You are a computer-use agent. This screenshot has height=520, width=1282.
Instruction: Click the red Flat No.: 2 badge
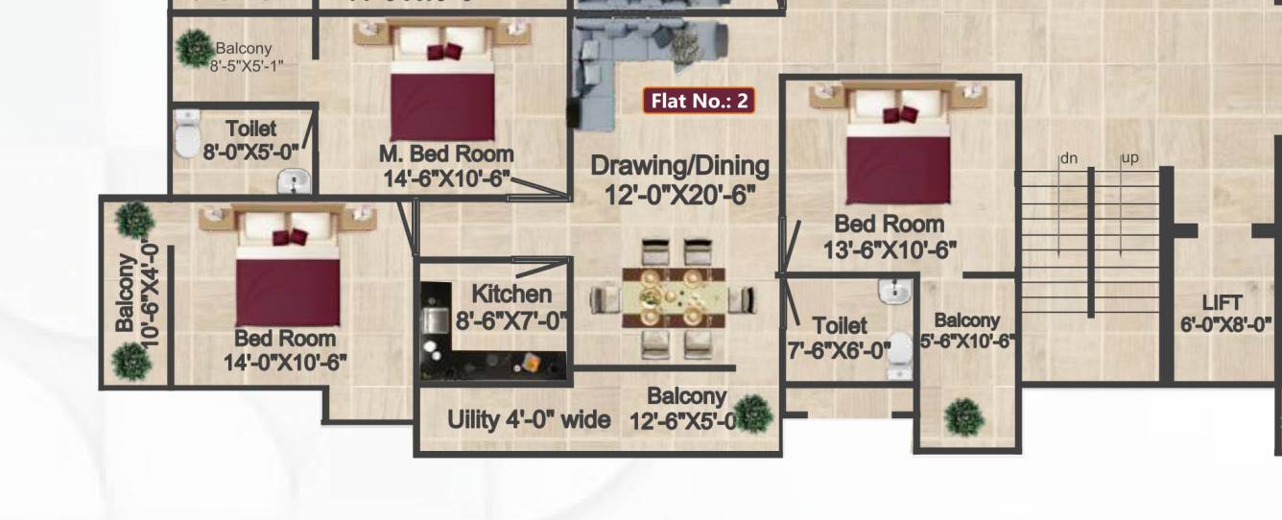699,101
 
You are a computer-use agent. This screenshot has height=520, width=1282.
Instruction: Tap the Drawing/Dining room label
679,179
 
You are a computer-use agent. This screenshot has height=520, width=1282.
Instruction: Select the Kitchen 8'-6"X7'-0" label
511,307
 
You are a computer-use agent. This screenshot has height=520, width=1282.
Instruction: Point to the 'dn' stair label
1068,158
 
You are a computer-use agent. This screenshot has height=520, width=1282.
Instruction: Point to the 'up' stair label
1129,158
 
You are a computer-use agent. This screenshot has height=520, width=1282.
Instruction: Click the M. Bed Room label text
446,165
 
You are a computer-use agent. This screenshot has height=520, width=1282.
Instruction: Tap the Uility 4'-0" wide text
529,419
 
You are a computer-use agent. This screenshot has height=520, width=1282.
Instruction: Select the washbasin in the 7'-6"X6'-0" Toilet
894,291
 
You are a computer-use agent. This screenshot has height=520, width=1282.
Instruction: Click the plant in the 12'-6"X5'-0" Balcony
754,413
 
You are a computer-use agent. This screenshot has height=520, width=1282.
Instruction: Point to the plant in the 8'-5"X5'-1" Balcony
195,48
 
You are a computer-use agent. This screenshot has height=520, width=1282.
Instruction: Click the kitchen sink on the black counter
435,319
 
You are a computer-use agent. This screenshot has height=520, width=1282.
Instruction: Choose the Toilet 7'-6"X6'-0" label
839,338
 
